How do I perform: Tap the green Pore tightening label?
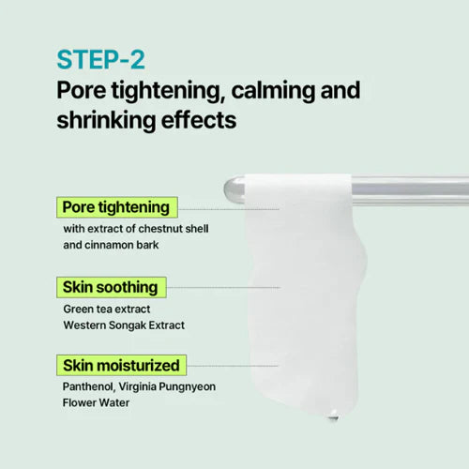coord(115,206)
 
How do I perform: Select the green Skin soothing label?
coord(109,286)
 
